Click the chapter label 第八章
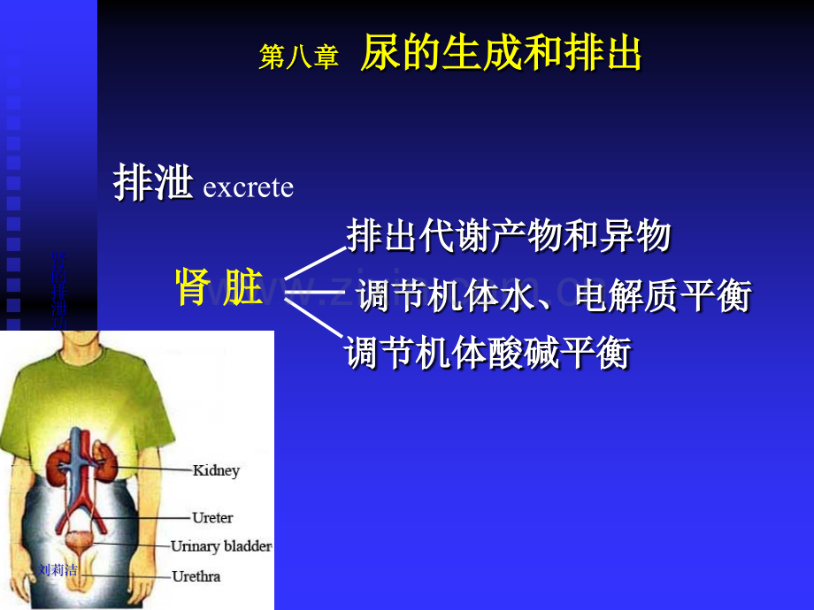point(298,57)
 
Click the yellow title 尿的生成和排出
point(501,55)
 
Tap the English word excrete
point(248,188)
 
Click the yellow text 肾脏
point(219,287)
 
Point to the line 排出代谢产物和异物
point(509,236)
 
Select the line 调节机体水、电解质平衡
point(553,296)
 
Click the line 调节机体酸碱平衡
point(488,354)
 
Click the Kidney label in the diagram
point(216,471)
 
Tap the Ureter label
point(212,517)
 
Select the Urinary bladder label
point(220,546)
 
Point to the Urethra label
point(196,576)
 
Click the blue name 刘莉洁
point(59,570)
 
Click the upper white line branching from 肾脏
point(314,263)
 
